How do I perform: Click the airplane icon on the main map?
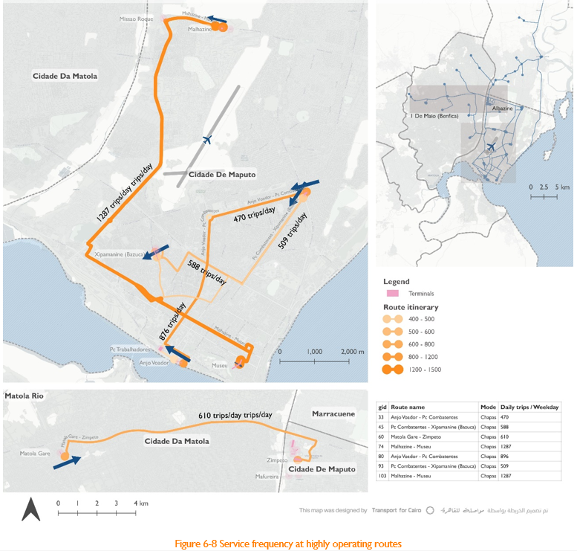(207, 139)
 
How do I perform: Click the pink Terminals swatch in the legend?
(393, 293)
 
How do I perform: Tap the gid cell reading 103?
(382, 475)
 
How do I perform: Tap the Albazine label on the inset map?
(502, 109)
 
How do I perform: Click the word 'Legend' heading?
(396, 281)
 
